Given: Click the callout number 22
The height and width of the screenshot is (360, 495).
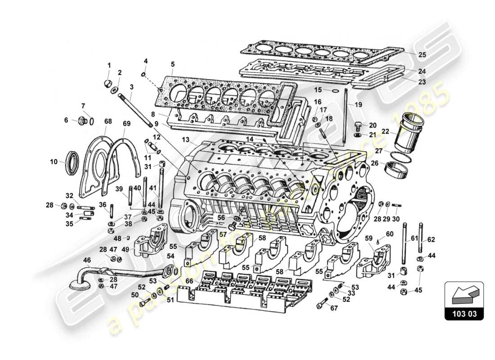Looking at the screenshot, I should pyautogui.click(x=385, y=131).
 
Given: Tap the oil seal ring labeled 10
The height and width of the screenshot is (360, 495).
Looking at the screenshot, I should pyautogui.click(x=72, y=163).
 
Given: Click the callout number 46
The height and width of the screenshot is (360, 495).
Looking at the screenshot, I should pyautogui.click(x=87, y=260).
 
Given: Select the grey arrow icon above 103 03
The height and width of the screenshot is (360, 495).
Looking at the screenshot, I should pyautogui.click(x=463, y=294).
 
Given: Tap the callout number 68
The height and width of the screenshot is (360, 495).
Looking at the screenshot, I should pyautogui.click(x=108, y=122).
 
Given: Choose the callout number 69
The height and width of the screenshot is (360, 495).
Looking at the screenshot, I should pyautogui.click(x=126, y=123).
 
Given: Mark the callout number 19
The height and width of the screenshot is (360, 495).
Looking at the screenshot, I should pyautogui.click(x=358, y=105).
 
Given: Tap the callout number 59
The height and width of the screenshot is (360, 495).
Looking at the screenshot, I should pyautogui.click(x=369, y=239).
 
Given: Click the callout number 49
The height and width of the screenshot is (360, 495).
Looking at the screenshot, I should pyautogui.click(x=126, y=250).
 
